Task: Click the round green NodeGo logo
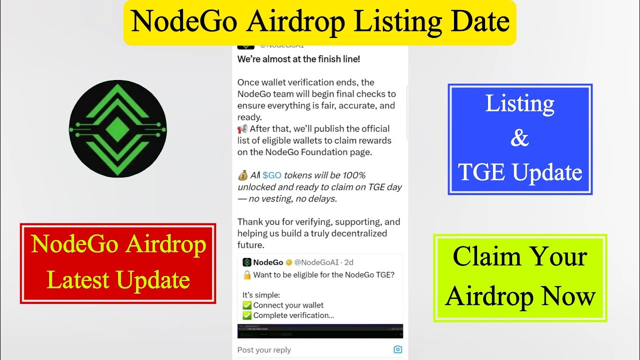click(117, 129)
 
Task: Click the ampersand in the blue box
click(519, 138)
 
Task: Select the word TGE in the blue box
click(482, 172)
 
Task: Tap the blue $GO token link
click(271, 175)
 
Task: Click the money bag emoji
click(242, 175)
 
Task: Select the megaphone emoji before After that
click(242, 129)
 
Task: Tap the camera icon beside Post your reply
click(397, 349)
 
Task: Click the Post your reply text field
click(300, 350)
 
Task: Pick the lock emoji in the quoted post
click(247, 275)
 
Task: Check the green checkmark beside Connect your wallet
click(247, 305)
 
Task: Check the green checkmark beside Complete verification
click(247, 315)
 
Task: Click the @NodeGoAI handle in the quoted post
click(316, 262)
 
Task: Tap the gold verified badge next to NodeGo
click(289, 262)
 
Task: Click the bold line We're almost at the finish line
click(298, 59)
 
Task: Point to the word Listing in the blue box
click(520, 103)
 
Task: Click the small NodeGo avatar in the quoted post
click(246, 262)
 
